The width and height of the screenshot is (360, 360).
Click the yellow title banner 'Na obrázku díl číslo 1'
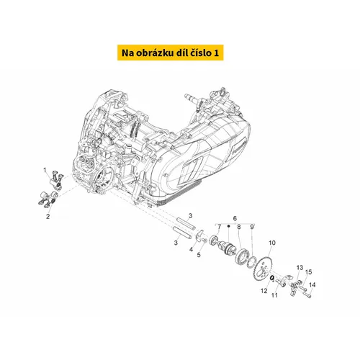point(171,53)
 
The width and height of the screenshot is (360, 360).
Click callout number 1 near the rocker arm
point(45,170)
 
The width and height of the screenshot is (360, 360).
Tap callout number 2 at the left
point(48,217)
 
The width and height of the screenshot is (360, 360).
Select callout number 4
point(191,250)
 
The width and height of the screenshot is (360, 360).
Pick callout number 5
point(199,255)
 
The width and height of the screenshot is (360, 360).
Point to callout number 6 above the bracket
point(235,218)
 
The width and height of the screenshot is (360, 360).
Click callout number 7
point(219,227)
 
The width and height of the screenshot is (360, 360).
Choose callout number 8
point(239,227)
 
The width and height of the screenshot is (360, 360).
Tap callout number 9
point(252,227)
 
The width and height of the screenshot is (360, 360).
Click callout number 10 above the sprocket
point(272,243)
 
